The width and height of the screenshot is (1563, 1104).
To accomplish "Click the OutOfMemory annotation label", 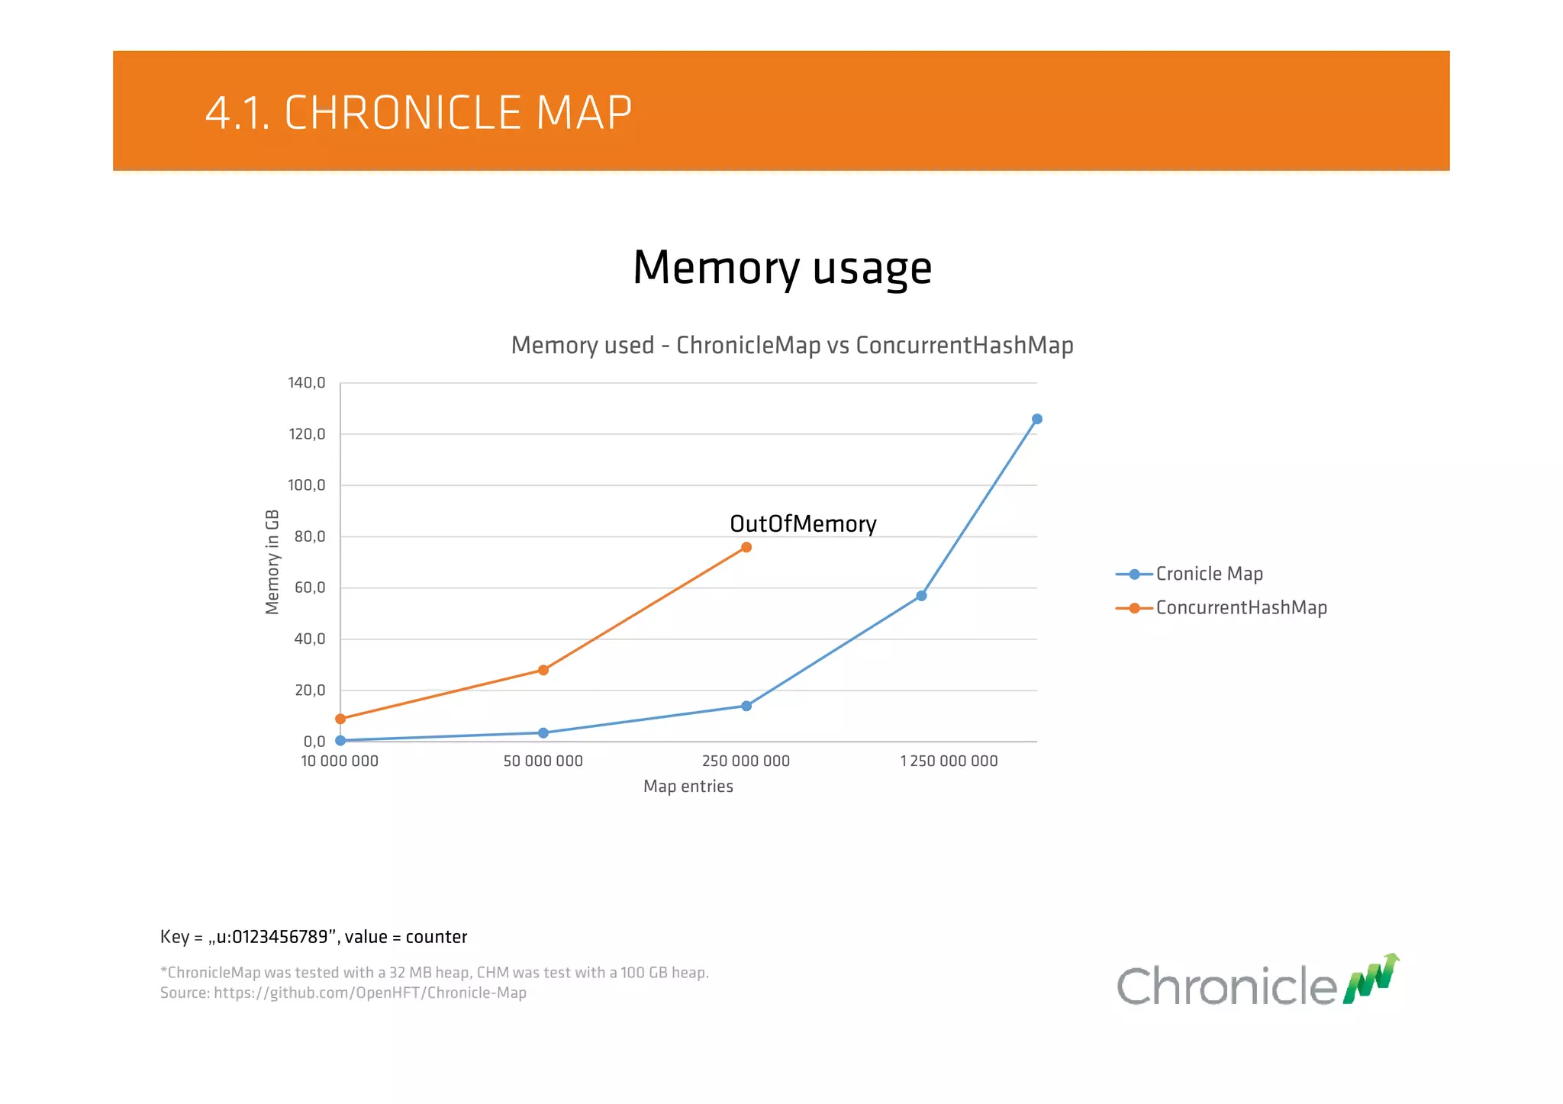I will coord(803,524).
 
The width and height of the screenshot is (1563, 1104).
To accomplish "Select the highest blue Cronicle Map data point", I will coord(1036,419).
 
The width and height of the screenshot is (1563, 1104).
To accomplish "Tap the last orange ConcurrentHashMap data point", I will coord(746,547).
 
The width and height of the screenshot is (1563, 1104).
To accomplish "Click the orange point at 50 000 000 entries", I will coord(543,670).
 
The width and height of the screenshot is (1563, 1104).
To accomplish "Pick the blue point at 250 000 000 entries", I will coord(746,706).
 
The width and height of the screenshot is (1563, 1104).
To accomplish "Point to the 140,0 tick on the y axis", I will coord(307,382).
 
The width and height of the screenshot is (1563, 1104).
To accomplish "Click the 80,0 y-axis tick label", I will coord(310,536).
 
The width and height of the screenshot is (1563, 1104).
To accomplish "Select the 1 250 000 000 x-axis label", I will coord(949,761).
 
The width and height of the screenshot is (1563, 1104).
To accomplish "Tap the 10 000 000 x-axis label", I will coord(340,761).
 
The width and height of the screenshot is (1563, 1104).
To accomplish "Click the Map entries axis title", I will coord(688,787).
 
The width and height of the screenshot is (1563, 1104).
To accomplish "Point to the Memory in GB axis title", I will coord(272,562).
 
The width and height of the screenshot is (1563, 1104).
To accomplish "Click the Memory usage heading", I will coord(782,268).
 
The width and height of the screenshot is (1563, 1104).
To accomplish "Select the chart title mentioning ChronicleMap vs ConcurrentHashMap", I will coord(792,345).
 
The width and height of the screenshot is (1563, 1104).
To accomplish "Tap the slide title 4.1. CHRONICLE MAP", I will coord(418,113).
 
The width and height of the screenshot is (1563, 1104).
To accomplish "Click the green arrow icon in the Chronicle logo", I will coord(1371,979).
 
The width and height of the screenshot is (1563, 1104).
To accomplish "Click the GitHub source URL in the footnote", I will coord(370,993).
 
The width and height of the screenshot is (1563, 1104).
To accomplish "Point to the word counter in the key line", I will coord(436,937).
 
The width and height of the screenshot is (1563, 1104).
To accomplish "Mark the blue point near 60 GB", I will coord(921,595).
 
